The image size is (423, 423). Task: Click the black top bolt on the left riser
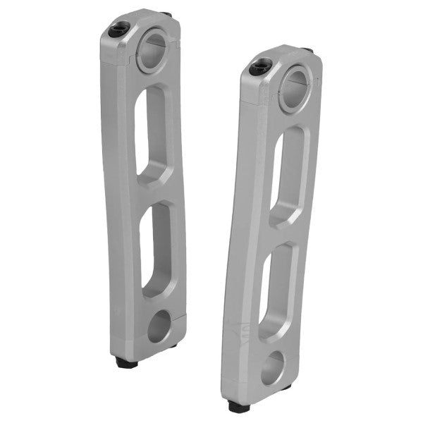click(x=118, y=30)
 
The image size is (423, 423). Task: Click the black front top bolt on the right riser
click(x=259, y=68)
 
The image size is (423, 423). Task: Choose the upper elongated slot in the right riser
click(x=287, y=176)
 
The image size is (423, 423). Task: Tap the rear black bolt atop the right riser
click(x=308, y=51)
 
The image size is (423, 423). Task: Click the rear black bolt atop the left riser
click(x=166, y=14)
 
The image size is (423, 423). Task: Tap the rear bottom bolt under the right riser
click(x=286, y=387)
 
